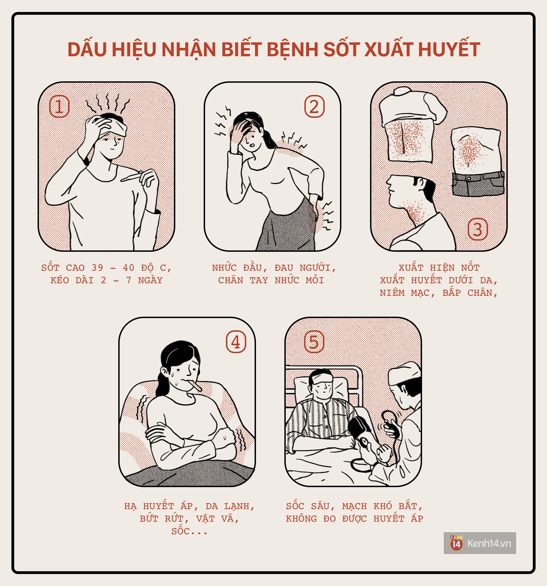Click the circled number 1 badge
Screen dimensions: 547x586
[60, 106]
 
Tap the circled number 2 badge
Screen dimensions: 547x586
[314, 106]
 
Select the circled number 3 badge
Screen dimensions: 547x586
[478, 229]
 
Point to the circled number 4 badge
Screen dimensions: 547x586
[236, 342]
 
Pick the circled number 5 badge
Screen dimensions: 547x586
[314, 342]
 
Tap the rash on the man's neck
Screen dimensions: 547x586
[416, 211]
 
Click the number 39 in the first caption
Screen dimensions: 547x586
[97, 268]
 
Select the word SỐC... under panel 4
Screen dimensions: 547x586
[189, 531]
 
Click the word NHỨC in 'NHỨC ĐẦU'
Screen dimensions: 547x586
[224, 268]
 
